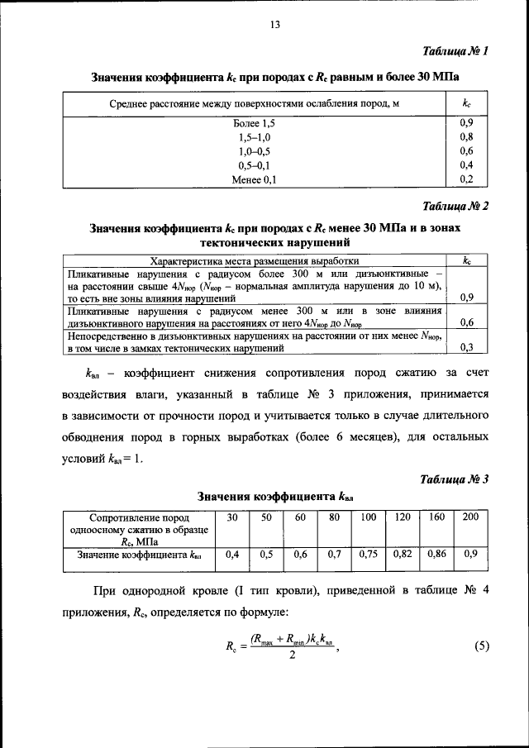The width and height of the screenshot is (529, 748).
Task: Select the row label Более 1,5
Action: tap(252, 123)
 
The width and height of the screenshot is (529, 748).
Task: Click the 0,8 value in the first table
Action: tap(465, 137)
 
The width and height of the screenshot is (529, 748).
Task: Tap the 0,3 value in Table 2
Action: tap(466, 347)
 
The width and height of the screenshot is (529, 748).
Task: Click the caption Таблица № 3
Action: tap(456, 479)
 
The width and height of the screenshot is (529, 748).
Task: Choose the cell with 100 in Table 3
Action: tap(368, 517)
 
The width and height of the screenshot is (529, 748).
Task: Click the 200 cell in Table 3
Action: tap(469, 517)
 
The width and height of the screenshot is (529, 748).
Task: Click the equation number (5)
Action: tap(482, 646)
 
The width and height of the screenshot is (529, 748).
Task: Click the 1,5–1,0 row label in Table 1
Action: tap(252, 137)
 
